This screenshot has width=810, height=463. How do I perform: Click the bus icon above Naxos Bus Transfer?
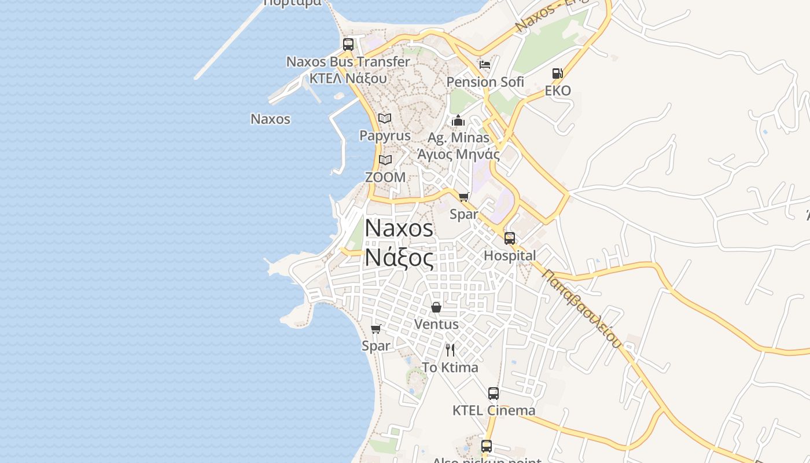pyautogui.click(x=348, y=44)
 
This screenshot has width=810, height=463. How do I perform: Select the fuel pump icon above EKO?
pyautogui.click(x=557, y=74)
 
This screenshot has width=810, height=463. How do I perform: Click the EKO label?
pyautogui.click(x=558, y=90)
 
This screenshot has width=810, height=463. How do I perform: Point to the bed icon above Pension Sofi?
pyautogui.click(x=485, y=64)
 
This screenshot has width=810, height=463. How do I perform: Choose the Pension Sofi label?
pyautogui.click(x=485, y=82)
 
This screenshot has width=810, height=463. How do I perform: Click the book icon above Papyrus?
pyautogui.click(x=385, y=118)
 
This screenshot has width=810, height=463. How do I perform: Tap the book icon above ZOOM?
pyautogui.click(x=385, y=160)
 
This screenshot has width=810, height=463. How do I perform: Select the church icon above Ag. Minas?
pyautogui.click(x=458, y=120)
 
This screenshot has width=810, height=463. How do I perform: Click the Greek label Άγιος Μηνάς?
pyautogui.click(x=458, y=154)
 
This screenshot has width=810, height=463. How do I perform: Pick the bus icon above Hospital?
pyautogui.click(x=510, y=238)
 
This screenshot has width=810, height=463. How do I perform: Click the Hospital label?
pyautogui.click(x=510, y=255)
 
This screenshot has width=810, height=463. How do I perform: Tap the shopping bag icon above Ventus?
pyautogui.click(x=436, y=307)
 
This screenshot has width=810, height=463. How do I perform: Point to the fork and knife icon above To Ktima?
pyautogui.click(x=450, y=350)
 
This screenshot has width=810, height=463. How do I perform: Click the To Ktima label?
pyautogui.click(x=450, y=368)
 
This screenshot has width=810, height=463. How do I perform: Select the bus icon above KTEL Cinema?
pyautogui.click(x=494, y=394)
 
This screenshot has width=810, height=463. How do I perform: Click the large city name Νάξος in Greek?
pyautogui.click(x=399, y=258)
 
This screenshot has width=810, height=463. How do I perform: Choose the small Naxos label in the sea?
pyautogui.click(x=270, y=119)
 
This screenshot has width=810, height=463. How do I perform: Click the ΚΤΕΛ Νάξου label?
pyautogui.click(x=348, y=78)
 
